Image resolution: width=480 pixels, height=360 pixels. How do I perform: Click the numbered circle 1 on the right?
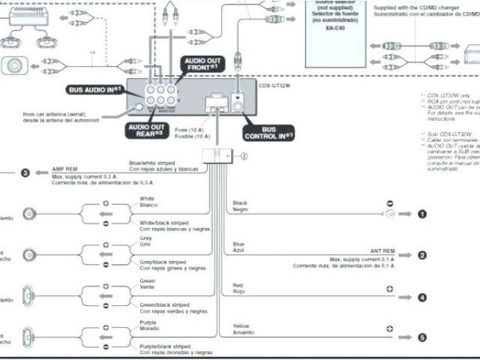(422, 214)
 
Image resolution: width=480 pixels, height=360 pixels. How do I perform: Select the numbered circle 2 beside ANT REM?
(422, 255)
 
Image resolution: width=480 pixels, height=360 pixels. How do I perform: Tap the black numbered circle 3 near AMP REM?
(25, 173)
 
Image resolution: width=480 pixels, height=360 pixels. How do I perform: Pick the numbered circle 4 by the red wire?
(422, 297)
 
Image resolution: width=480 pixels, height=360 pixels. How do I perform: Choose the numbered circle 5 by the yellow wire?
(422, 337)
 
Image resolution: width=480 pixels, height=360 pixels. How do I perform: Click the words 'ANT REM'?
(383, 250)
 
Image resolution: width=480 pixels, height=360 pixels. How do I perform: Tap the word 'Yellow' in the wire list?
(241, 327)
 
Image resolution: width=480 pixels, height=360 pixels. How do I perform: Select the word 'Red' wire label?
(238, 286)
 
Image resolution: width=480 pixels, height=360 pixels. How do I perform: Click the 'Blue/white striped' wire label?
(151, 163)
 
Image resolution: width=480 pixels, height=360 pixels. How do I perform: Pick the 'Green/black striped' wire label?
(163, 304)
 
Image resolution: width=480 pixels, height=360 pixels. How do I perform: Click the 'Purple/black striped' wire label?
(165, 346)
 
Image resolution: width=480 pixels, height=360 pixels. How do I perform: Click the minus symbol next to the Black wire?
(390, 203)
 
